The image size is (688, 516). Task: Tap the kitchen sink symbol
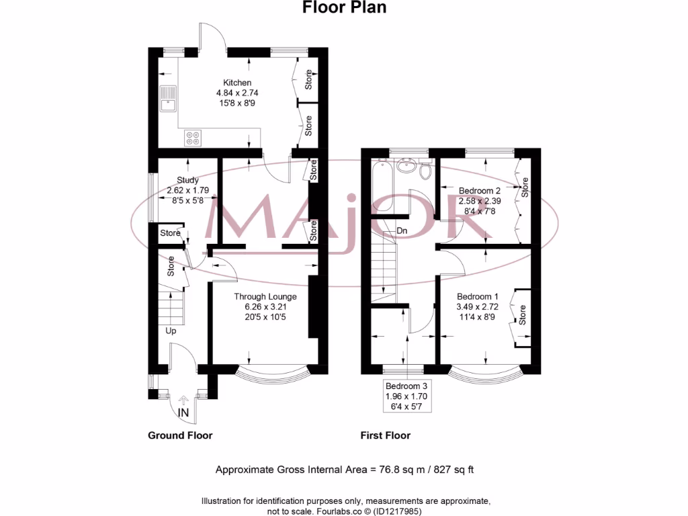click(x=167, y=99)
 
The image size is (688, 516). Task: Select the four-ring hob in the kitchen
click(x=193, y=138)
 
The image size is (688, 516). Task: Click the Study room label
click(x=187, y=179)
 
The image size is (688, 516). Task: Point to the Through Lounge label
click(x=265, y=296)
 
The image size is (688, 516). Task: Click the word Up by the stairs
click(x=172, y=331)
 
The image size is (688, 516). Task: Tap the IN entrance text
click(x=183, y=411)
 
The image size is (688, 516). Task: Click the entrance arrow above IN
click(x=183, y=398)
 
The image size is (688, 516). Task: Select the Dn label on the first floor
click(x=402, y=231)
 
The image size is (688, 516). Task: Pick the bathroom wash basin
click(x=405, y=166)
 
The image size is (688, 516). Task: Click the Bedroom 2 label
click(x=480, y=190)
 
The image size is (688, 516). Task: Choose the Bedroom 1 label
click(x=477, y=296)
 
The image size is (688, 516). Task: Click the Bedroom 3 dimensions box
click(x=406, y=396)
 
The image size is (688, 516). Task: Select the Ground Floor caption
click(x=180, y=435)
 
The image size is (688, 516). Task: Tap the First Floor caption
click(x=385, y=435)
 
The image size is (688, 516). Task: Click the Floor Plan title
click(x=344, y=8)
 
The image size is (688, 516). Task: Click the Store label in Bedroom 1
click(x=523, y=313)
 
